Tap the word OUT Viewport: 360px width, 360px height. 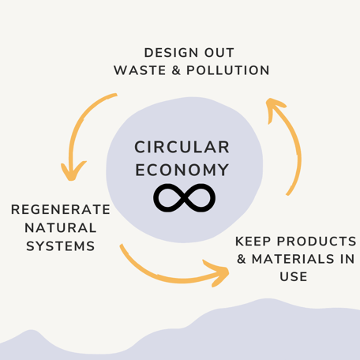coord(219,53)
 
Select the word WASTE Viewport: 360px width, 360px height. coord(140,70)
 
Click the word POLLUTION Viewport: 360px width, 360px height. coord(228,70)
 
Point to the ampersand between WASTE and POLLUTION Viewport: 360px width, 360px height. coord(176,70)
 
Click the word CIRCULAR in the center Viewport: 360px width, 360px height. coord(182,147)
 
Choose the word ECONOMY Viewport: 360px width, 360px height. coord(182,170)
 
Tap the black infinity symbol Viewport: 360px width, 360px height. coord(184,198)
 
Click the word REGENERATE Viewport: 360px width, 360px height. coord(61,209)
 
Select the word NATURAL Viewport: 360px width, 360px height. coord(61,228)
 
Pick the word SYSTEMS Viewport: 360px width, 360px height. coord(61,246)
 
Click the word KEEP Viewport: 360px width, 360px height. coord(253,242)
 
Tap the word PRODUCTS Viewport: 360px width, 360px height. coord(317,242)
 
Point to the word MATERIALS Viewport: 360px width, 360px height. coord(293,259)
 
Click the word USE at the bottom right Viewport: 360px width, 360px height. coord(294,276)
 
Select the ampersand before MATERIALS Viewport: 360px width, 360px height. coord(242,259)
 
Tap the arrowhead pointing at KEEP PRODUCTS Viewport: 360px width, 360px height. coord(219,273)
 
